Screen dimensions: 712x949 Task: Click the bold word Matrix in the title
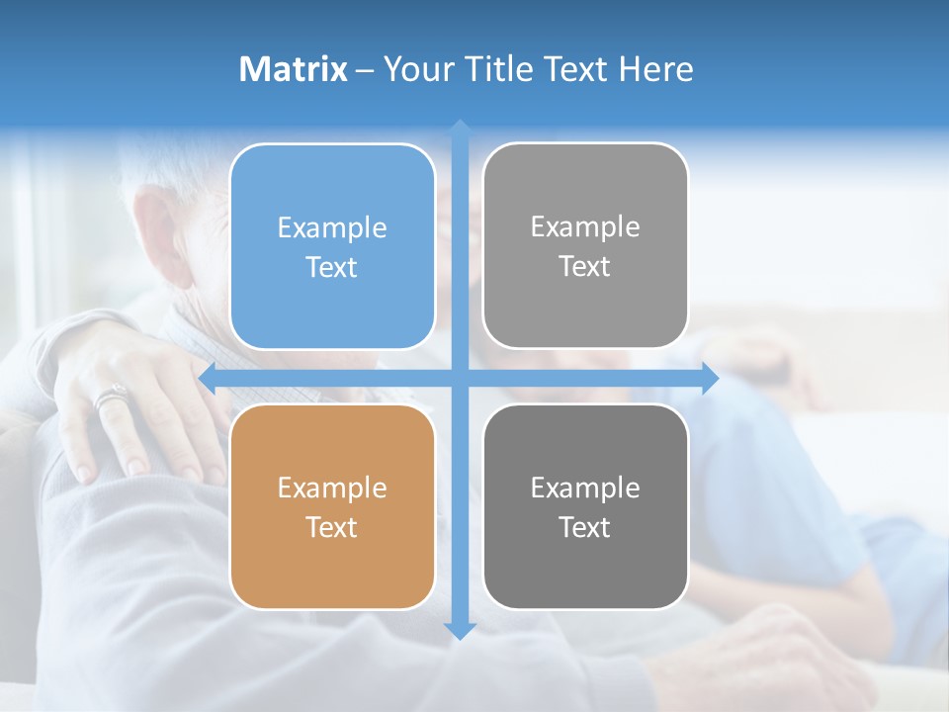pos(294,69)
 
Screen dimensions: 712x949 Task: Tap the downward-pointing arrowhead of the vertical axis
pos(460,630)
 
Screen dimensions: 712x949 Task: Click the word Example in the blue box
pos(332,228)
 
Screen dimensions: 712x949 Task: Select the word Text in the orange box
pos(332,527)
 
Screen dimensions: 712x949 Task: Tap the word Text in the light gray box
pos(585,266)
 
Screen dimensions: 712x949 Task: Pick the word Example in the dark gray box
pos(585,488)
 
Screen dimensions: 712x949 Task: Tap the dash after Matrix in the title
pos(365,70)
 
